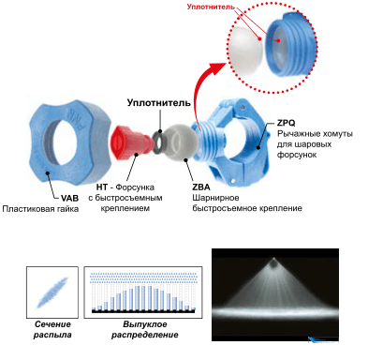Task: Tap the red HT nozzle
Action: [131, 142]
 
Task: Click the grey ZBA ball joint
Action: [180, 142]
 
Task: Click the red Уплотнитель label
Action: [211, 7]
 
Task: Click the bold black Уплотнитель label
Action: [158, 103]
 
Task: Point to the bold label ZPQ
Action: [286, 123]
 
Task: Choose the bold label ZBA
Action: [201, 187]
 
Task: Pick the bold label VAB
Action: [69, 198]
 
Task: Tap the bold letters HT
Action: [102, 187]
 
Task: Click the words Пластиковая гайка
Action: [40, 209]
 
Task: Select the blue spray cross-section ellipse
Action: [52, 292]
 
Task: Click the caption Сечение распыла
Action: [52, 329]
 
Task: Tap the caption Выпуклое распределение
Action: [145, 329]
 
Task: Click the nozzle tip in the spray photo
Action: [274, 263]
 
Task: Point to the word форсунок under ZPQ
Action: [297, 155]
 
